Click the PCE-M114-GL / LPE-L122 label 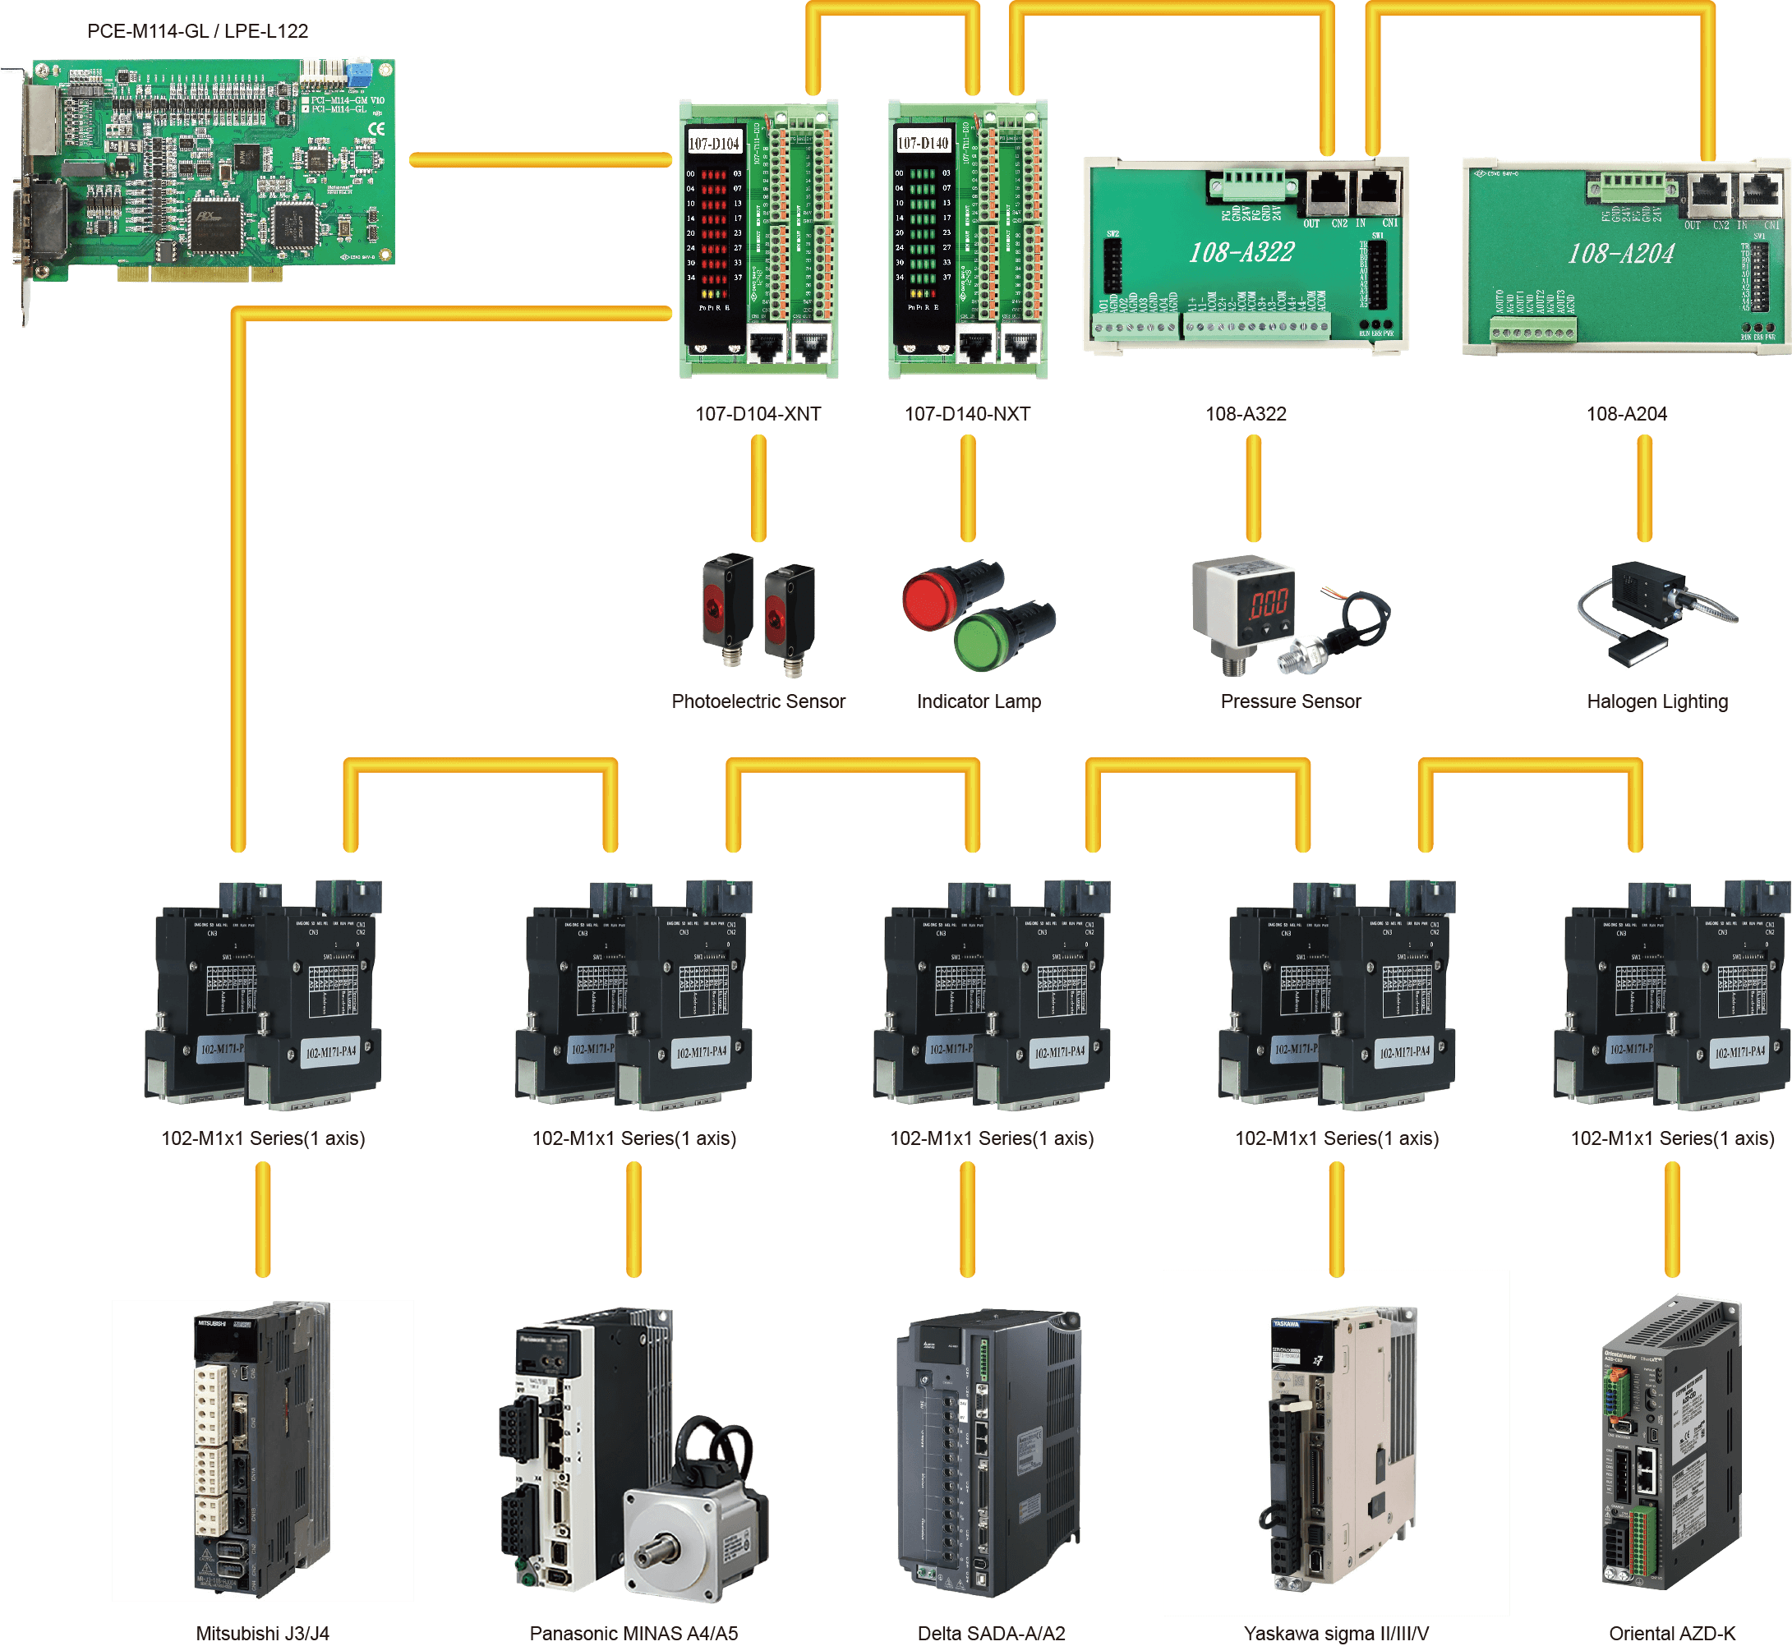[198, 31]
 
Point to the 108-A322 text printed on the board [1242, 253]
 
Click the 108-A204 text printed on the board [1621, 255]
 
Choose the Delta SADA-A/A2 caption [991, 1634]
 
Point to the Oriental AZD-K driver [1671, 1443]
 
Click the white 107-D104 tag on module [714, 144]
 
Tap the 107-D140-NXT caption [967, 414]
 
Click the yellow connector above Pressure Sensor [1253, 488]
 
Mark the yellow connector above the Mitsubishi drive [262, 1220]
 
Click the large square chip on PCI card [217, 222]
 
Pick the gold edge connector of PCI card [201, 274]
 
